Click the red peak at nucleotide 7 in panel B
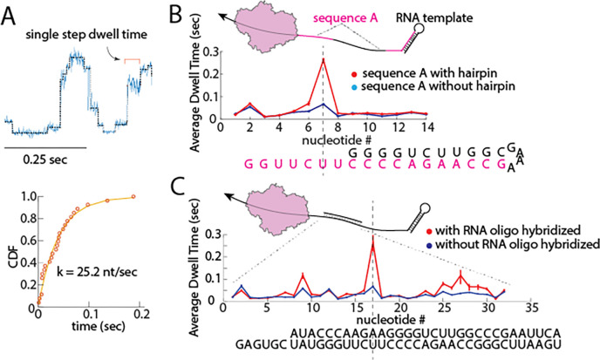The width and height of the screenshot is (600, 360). [324, 59]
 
